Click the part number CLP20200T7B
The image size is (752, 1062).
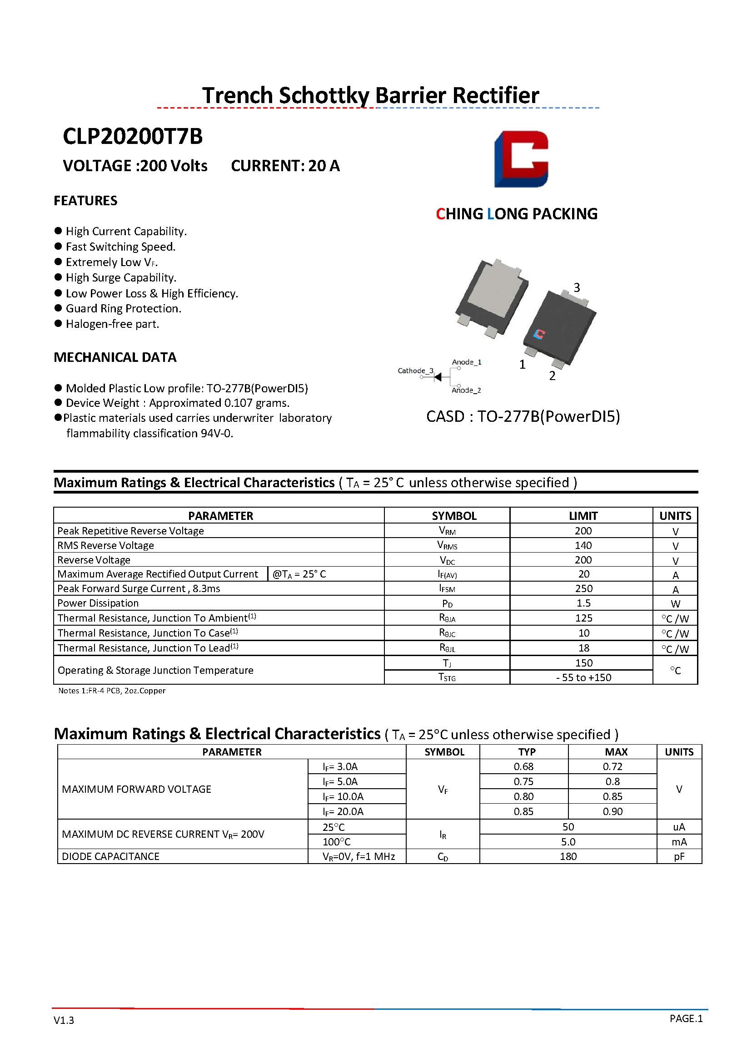[132, 137]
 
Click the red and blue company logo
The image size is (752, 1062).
[521, 159]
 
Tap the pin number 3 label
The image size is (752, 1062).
[577, 287]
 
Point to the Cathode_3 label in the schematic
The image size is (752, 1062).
[415, 370]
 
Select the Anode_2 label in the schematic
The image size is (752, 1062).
[466, 390]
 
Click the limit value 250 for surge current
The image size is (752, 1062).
[583, 588]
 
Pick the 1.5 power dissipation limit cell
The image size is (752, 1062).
[583, 603]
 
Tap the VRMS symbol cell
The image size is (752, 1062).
[447, 546]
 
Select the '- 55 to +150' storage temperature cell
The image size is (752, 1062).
[583, 677]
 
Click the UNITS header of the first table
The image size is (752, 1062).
[675, 515]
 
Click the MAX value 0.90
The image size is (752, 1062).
[612, 811]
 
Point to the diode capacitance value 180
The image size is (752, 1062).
[568, 856]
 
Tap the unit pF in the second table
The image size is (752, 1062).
[679, 856]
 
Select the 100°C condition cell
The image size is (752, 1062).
[337, 842]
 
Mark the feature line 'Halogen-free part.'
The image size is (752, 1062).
[112, 324]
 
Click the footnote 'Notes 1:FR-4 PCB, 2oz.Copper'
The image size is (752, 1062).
[112, 691]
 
